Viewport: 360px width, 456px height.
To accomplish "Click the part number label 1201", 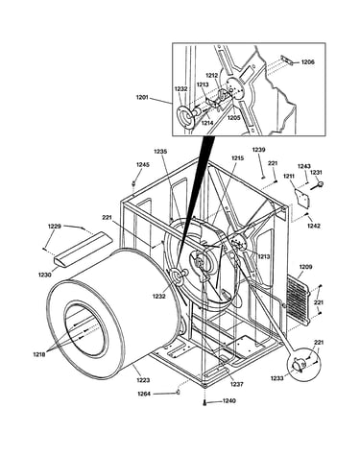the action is (x=143, y=98).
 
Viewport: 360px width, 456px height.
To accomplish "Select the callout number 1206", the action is (x=308, y=62).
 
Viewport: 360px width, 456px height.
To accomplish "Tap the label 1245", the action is (x=143, y=165).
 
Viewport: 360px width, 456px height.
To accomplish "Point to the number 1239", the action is (x=259, y=150).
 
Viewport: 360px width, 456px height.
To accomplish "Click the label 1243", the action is (x=304, y=166).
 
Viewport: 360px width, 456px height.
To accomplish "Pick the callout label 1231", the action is (x=316, y=172).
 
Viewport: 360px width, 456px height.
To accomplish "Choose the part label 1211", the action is (x=290, y=176).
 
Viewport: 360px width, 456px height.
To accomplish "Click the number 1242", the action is (x=314, y=226).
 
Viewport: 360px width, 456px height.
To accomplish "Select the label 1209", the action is (x=305, y=267).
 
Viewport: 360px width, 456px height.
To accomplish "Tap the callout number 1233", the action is (x=277, y=378).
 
